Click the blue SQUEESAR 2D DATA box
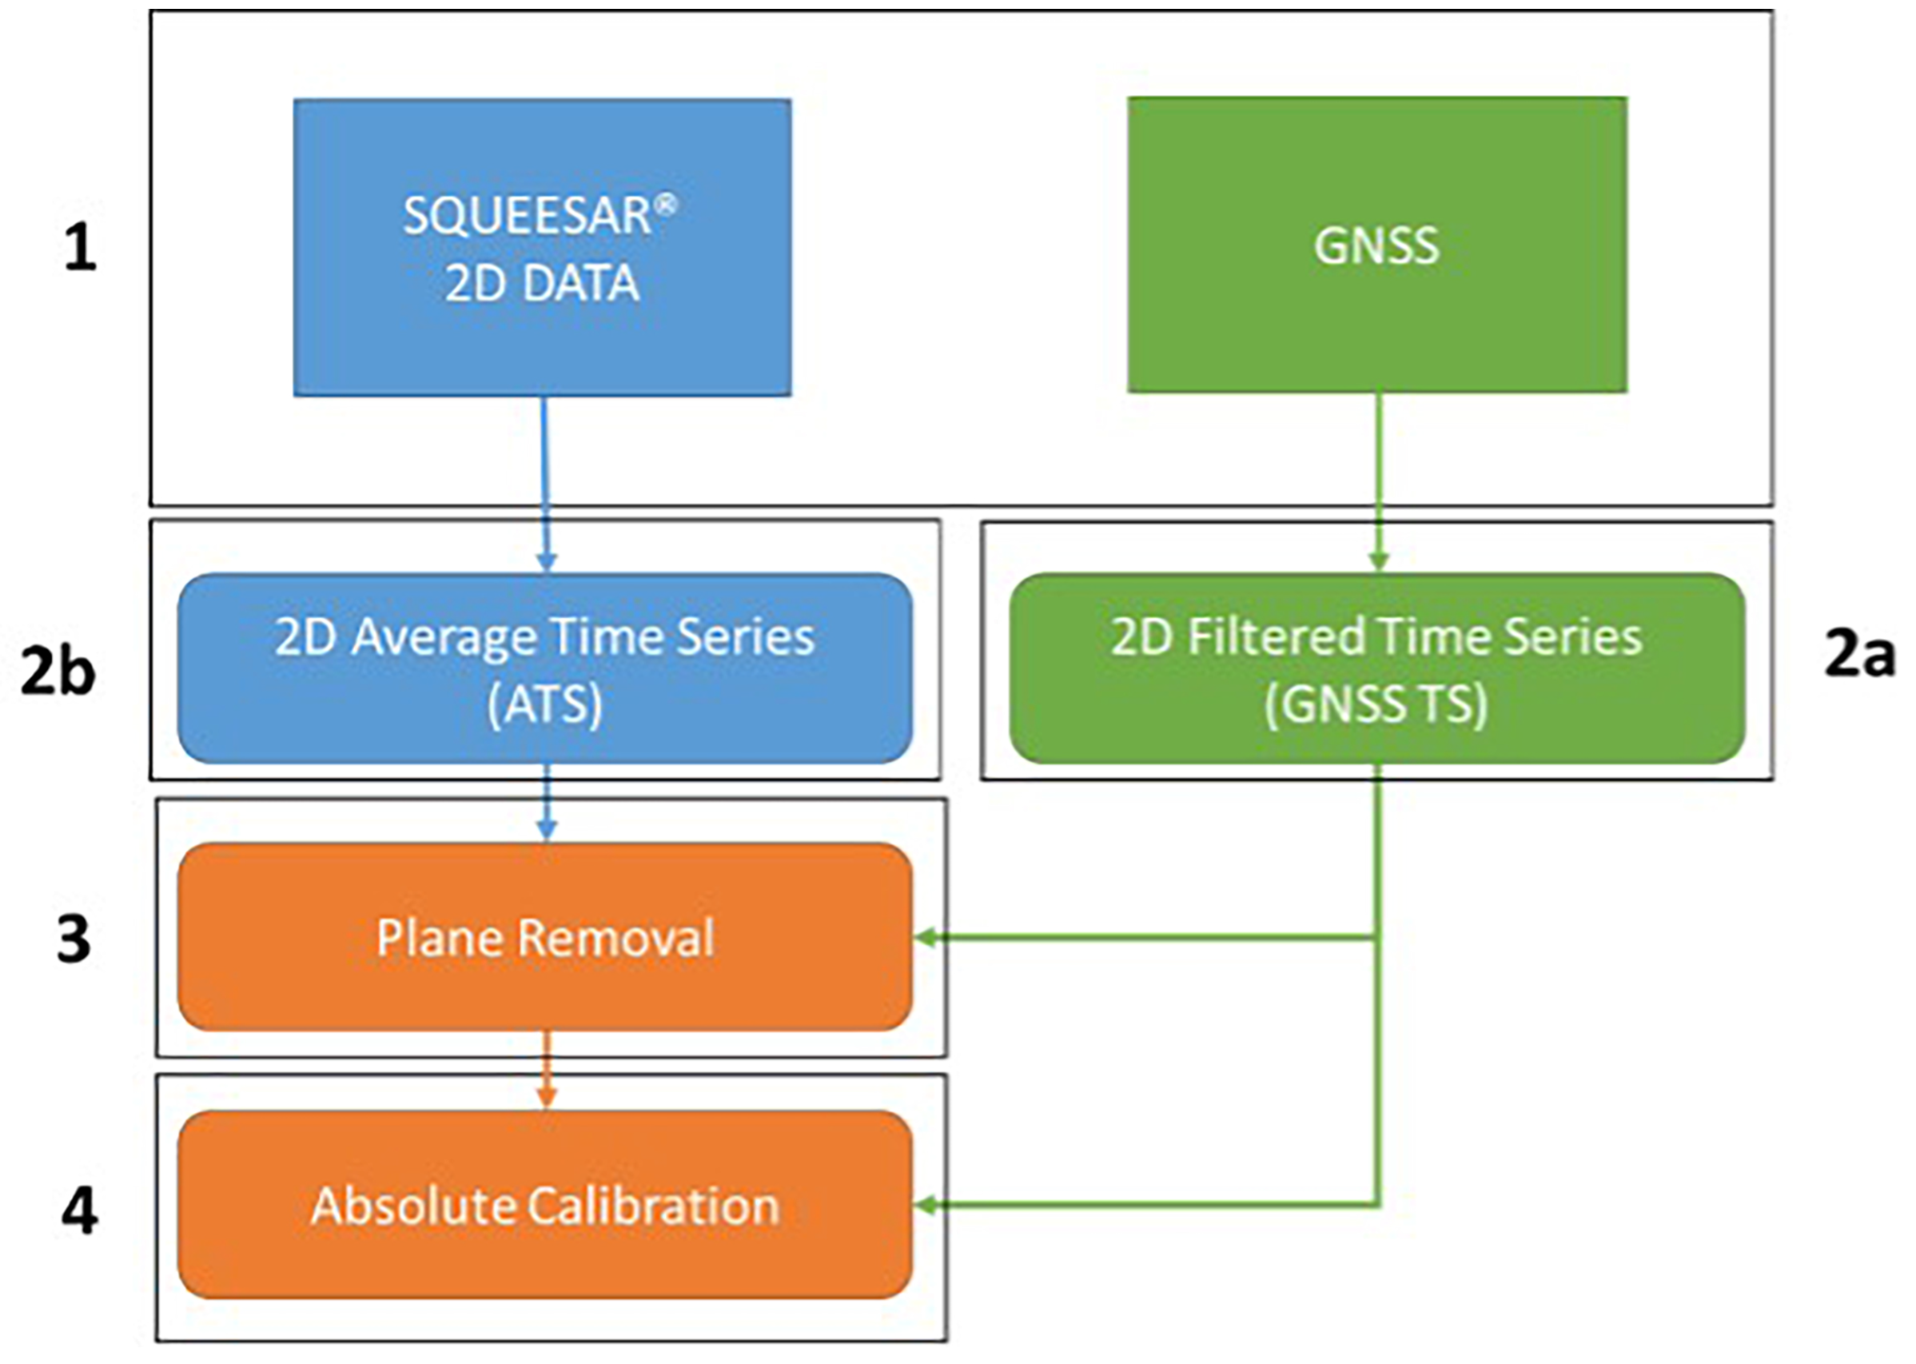[542, 248]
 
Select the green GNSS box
[1376, 245]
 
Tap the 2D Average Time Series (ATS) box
[545, 668]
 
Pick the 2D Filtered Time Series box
[1376, 668]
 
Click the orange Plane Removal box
[545, 937]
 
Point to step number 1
[81, 249]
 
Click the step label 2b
[57, 672]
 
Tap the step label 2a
[1859, 655]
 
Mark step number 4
[79, 1210]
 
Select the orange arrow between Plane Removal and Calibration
[547, 1070]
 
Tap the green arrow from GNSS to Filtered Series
[1378, 479]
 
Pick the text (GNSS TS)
[1376, 704]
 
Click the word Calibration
[653, 1206]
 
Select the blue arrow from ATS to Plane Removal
[547, 802]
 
